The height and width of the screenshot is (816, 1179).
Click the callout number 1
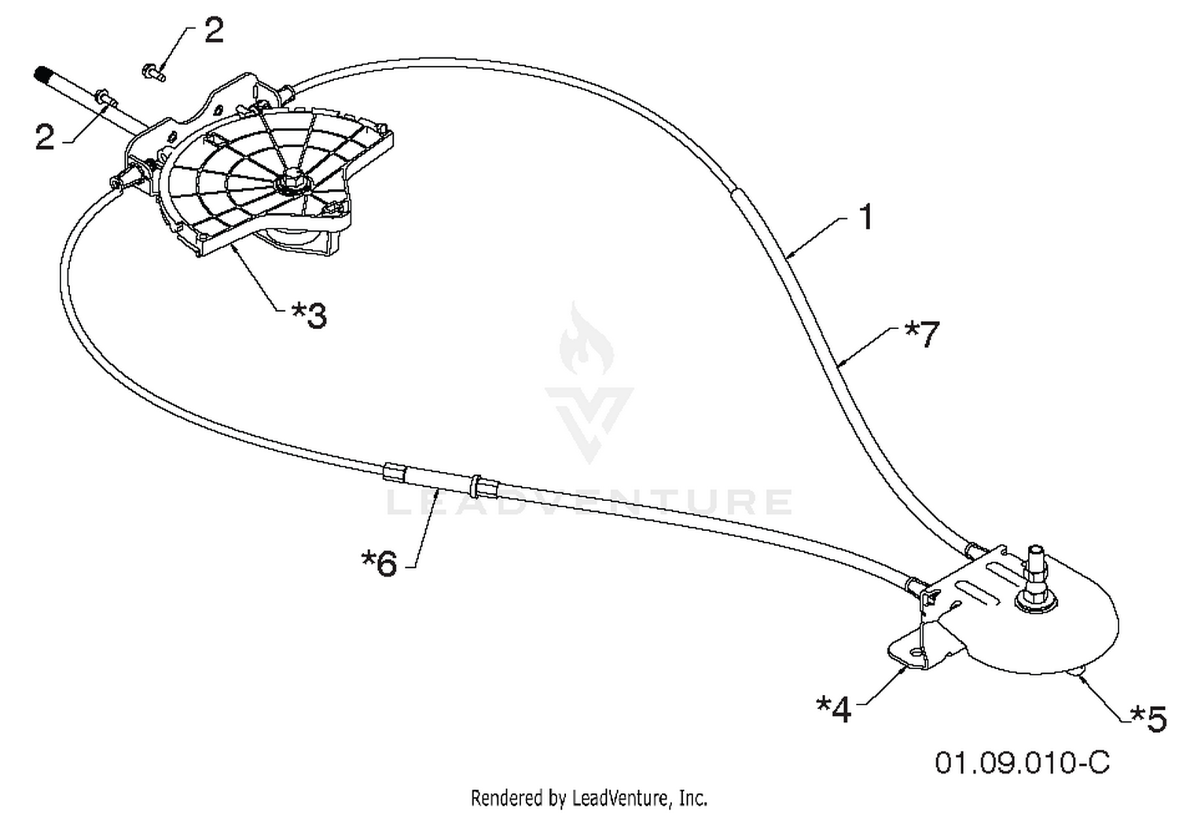tap(866, 217)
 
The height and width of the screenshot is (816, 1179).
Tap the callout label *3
tap(310, 316)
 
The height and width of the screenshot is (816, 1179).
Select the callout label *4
tap(834, 709)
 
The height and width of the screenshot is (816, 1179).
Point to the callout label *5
tap(1148, 719)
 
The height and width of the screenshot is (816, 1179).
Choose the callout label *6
tap(379, 564)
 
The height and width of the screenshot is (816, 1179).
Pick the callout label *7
tap(922, 335)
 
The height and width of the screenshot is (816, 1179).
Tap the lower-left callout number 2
tap(45, 137)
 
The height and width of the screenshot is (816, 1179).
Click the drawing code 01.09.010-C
tap(1022, 763)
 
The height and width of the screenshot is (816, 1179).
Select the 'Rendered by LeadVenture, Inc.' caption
tap(589, 798)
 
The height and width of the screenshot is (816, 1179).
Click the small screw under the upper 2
tap(154, 72)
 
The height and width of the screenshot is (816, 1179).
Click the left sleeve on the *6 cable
tap(395, 471)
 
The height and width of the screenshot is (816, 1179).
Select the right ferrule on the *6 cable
tap(483, 486)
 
